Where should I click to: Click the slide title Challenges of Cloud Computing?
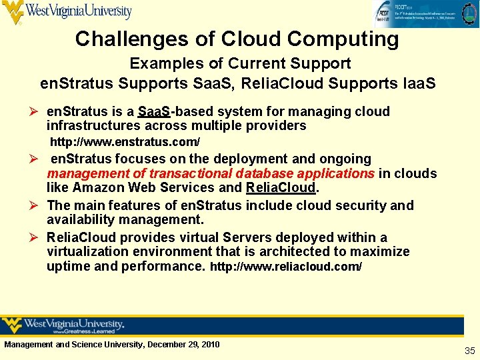point(237,39)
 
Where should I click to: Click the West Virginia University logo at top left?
point(67,12)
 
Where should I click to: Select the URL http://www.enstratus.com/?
point(125,143)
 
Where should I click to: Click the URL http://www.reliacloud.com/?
point(286,267)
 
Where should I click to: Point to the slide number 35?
point(469,351)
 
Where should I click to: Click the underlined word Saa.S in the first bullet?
point(154,111)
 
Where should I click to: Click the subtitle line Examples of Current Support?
point(239,64)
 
